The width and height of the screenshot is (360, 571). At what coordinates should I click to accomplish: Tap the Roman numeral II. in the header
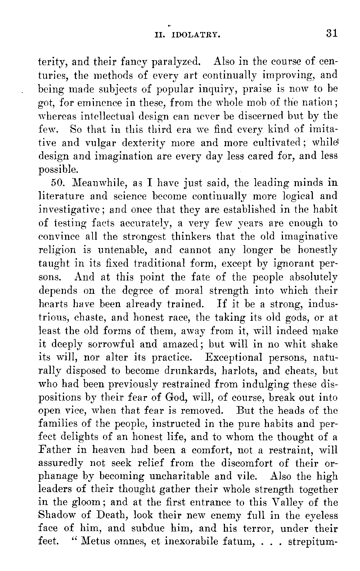click(x=159, y=35)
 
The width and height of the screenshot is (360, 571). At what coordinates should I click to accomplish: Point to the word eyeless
click(x=318, y=516)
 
